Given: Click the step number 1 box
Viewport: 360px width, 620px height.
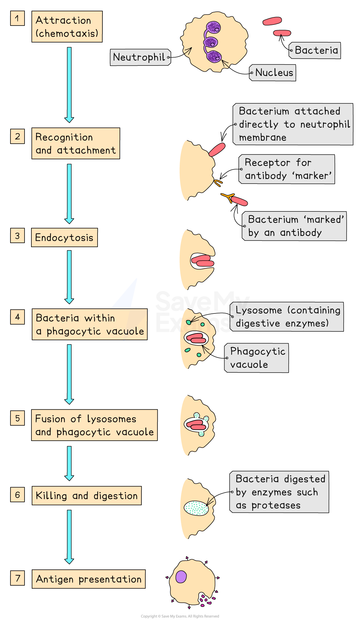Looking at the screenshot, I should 17,18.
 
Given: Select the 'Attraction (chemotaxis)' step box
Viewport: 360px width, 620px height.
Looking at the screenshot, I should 67,27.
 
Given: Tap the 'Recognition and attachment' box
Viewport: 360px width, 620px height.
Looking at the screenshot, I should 76,144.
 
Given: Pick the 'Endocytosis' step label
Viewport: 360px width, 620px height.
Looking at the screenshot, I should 64,238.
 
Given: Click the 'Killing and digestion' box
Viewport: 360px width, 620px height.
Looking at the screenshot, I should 86,496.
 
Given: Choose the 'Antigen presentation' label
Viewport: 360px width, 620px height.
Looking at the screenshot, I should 88,579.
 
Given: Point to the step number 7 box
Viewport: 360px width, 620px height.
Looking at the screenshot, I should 17,578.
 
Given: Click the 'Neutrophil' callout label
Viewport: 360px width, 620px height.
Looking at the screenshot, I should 140,57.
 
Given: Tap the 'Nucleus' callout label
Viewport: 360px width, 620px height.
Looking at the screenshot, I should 273,73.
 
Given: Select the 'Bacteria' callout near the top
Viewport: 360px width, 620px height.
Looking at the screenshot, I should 315,50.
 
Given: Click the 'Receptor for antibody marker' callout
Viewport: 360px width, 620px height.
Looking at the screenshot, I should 287,169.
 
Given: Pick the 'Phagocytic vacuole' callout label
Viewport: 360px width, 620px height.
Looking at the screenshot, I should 257,358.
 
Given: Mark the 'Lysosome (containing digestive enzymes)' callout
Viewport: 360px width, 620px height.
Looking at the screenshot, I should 287,317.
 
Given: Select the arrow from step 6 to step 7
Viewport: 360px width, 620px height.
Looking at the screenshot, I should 69,536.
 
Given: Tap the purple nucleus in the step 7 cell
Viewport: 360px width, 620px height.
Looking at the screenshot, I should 181,577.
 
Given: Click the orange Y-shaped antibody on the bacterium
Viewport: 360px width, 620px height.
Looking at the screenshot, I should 228,198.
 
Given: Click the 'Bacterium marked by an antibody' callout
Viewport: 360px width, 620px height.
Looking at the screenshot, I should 295,226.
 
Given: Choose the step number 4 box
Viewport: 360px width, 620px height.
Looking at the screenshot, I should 17,317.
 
